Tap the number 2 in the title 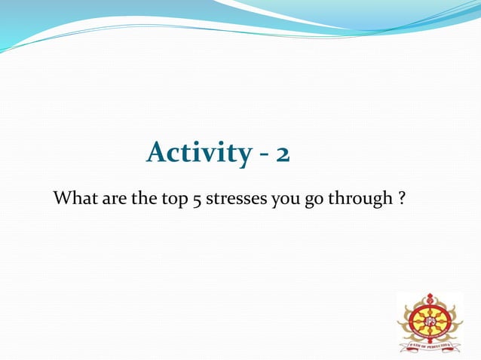click(x=283, y=154)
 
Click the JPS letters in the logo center click(x=430, y=319)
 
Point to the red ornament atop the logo click(x=430, y=298)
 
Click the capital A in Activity click(x=157, y=152)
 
